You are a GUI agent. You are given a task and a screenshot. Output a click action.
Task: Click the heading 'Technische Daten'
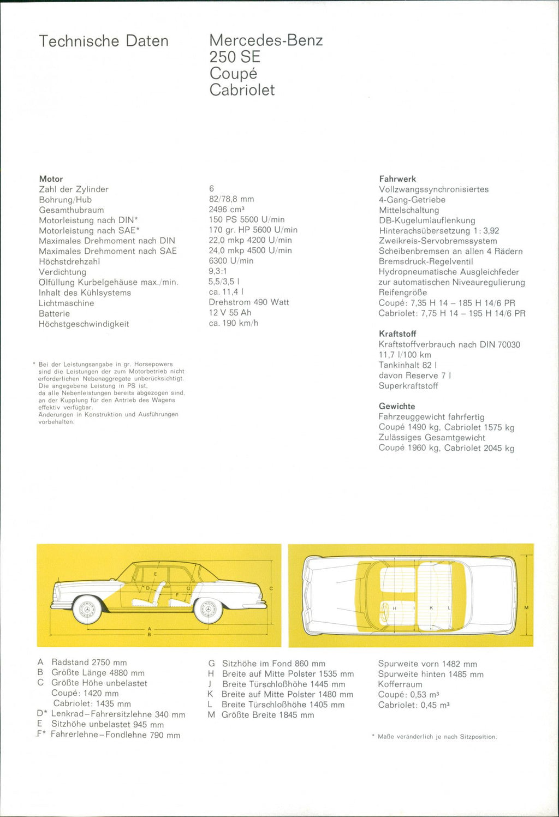[x=104, y=41]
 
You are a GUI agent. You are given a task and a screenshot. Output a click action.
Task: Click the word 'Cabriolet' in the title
[x=242, y=90]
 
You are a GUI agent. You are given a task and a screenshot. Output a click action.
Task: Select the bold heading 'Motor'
[x=51, y=179]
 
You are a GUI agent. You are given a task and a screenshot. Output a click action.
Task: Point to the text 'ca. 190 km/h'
[x=234, y=323]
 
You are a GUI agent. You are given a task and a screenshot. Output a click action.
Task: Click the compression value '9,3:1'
[x=218, y=271]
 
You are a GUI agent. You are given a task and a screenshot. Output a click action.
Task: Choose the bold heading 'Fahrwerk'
[x=397, y=179]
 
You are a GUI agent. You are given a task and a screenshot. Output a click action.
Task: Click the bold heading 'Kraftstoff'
[x=397, y=334]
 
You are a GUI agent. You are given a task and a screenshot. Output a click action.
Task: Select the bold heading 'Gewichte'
[x=397, y=407]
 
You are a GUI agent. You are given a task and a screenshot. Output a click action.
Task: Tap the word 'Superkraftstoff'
[x=408, y=386]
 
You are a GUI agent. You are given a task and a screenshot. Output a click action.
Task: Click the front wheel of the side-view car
[x=87, y=610]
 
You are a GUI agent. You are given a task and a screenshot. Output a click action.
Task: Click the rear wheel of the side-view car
[x=208, y=610]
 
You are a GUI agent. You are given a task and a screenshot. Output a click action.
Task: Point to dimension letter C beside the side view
[x=271, y=589]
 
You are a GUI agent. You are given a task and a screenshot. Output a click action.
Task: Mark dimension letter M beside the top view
[x=526, y=607]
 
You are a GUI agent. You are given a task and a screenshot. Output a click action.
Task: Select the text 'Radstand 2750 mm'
[x=89, y=663]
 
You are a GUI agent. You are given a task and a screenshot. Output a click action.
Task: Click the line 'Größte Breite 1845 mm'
[x=268, y=715]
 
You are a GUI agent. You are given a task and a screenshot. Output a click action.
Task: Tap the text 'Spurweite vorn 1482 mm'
[x=427, y=664]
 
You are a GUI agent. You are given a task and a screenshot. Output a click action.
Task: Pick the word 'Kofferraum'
[x=400, y=684]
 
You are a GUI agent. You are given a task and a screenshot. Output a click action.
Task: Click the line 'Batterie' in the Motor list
[x=54, y=314]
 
